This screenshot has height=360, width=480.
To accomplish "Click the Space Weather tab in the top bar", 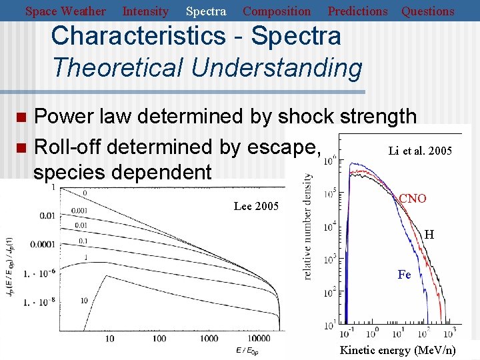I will (65, 11).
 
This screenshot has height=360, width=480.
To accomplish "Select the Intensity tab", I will (145, 11).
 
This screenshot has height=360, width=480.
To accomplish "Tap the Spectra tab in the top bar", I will (205, 11).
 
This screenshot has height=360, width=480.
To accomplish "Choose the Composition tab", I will (277, 11).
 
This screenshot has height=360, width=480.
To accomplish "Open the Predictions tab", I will (357, 11).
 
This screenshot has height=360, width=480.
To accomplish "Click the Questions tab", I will (427, 11).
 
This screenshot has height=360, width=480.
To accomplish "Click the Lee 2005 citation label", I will (256, 206).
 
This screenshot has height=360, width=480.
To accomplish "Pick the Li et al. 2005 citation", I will (420, 151).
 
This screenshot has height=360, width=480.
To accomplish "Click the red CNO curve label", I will (413, 199).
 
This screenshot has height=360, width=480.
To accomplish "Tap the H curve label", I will (429, 235).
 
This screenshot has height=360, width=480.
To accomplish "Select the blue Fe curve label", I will (404, 275).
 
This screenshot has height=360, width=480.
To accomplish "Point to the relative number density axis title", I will (309, 226).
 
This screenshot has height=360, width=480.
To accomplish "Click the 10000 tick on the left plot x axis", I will (265, 339).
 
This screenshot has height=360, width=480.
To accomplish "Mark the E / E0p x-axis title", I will (247, 350).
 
